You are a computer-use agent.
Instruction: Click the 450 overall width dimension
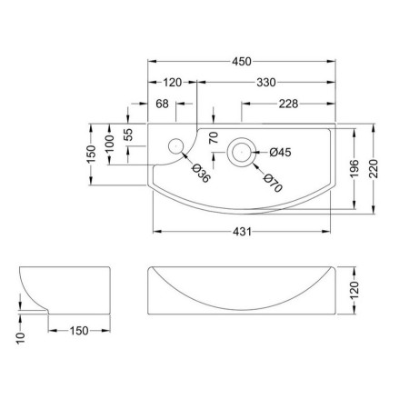coord(242,62)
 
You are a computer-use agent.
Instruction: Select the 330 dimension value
coord(266,83)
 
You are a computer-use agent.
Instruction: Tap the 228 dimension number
coord(288,104)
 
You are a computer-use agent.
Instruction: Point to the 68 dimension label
coord(162,104)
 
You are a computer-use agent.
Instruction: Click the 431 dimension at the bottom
coord(242,232)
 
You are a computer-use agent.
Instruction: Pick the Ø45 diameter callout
coord(280,152)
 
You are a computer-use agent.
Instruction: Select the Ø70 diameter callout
coord(273,183)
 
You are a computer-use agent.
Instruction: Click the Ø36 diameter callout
coord(201,173)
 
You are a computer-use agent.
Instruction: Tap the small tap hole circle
coord(175,146)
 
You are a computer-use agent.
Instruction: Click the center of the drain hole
coord(242,152)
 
